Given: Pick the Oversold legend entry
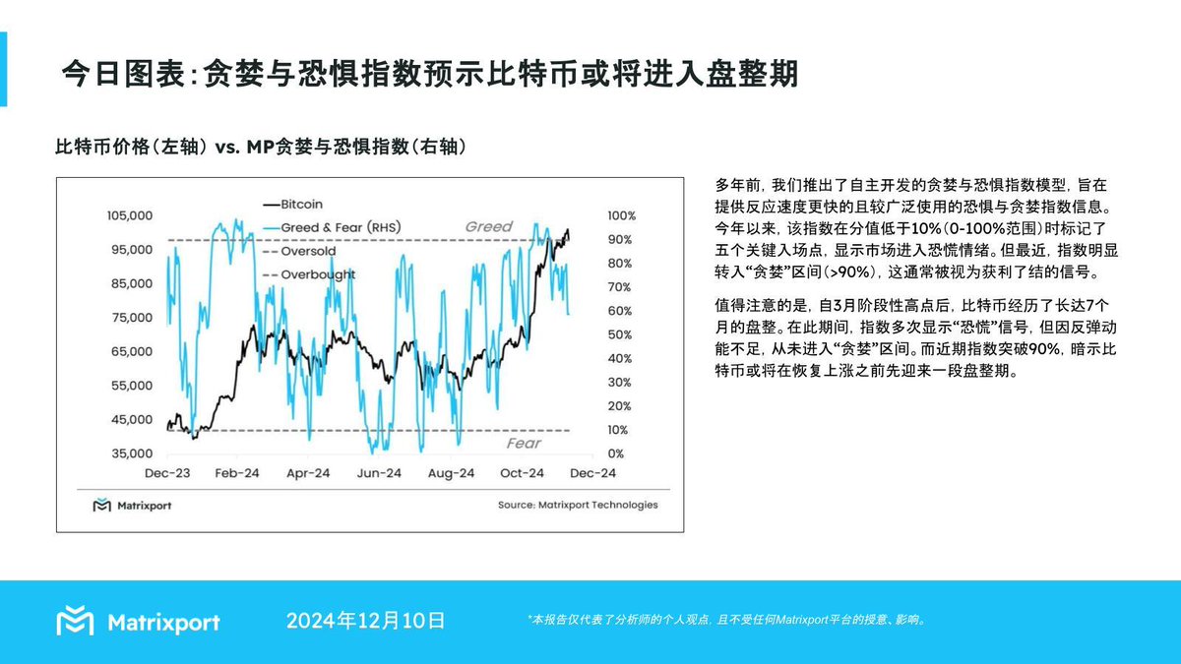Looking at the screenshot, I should click(308, 251).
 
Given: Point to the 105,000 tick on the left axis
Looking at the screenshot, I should click(128, 215).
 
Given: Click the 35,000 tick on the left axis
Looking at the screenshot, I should click(132, 453).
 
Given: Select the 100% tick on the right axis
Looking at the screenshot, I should click(622, 215).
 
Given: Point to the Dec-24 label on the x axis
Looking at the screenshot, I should click(593, 473).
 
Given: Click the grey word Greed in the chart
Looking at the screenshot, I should click(489, 227).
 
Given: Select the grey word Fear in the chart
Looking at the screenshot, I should click(524, 444).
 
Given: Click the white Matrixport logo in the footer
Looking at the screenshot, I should click(138, 622).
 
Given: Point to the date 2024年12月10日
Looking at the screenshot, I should click(366, 621).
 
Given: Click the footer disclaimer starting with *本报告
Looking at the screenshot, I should click(727, 620).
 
